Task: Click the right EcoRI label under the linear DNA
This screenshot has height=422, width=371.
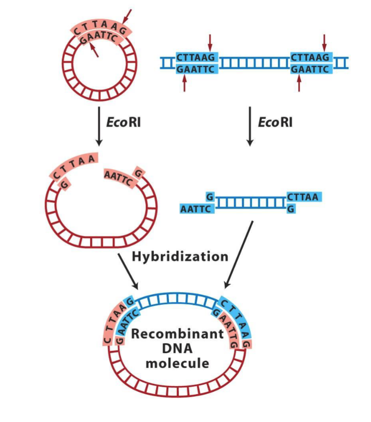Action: pyautogui.click(x=275, y=122)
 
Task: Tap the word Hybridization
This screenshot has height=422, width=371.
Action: pyautogui.click(x=180, y=257)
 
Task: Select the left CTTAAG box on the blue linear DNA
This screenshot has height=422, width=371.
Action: pyautogui.click(x=196, y=57)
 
